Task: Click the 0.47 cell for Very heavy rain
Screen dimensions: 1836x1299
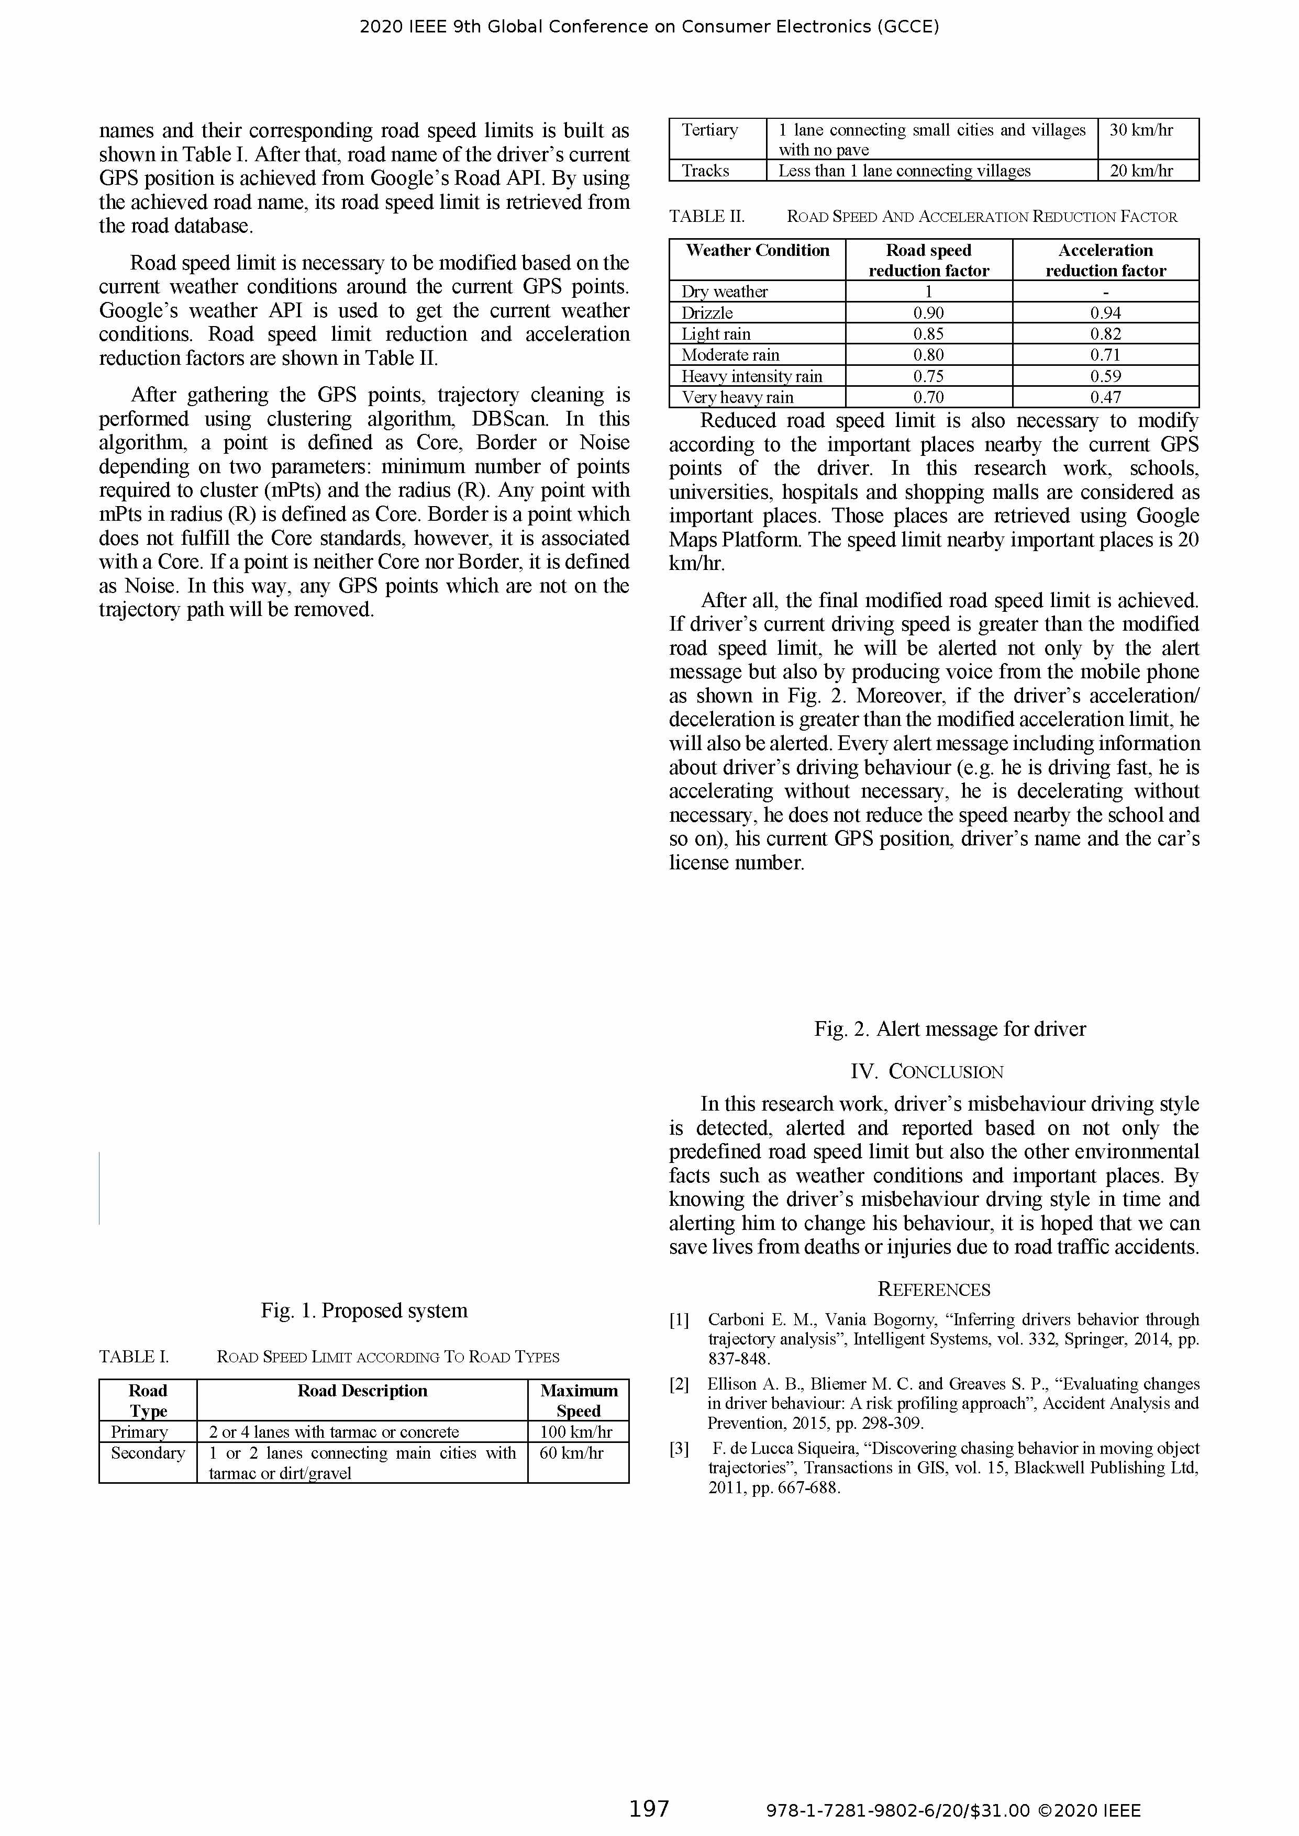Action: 1105,397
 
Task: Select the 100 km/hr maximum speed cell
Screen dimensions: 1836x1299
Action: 576,1431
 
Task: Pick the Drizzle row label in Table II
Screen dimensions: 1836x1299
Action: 707,312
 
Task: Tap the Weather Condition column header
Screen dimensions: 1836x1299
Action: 758,250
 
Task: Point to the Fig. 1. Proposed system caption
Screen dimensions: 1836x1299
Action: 364,1310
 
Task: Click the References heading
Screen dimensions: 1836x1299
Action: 934,1289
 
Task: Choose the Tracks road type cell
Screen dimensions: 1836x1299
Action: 705,170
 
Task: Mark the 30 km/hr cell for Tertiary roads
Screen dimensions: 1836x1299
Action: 1141,130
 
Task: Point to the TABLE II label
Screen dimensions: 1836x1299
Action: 706,217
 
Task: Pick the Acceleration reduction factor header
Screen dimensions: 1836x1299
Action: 1105,260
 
